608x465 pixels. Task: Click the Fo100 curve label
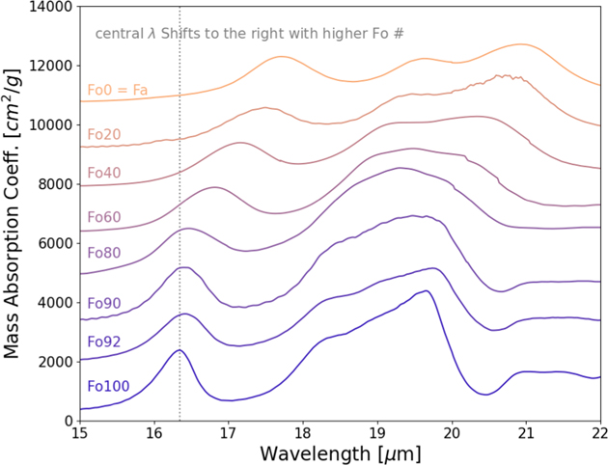coord(108,387)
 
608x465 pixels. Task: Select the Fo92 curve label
coord(105,342)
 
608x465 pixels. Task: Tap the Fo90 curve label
coord(105,304)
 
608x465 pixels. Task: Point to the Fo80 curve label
coord(105,253)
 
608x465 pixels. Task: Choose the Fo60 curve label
coord(105,217)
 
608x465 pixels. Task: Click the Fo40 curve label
coord(105,173)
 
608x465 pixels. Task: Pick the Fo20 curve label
coord(105,134)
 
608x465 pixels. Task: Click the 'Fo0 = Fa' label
coord(117,91)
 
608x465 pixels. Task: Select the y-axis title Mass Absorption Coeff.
coord(14,213)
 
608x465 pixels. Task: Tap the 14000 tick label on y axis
coord(50,8)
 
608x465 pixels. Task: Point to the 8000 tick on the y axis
coord(54,184)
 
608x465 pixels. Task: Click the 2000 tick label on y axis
coord(54,362)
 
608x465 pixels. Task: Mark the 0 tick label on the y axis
coord(68,421)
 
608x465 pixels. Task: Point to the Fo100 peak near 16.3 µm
coord(179,350)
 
